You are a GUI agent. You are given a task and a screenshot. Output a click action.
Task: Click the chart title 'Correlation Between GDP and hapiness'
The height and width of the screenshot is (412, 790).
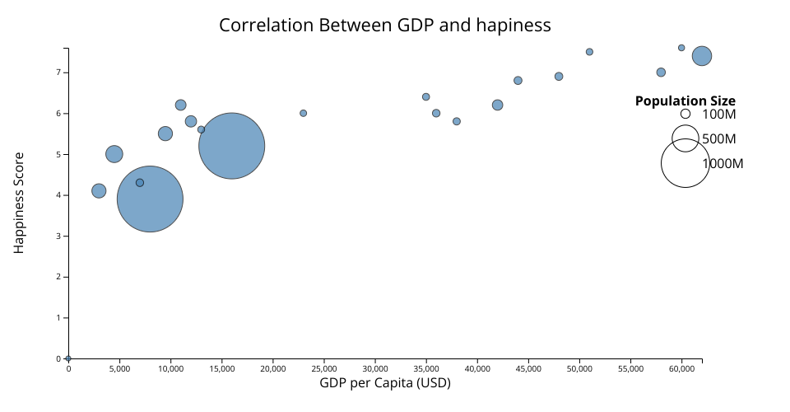384,26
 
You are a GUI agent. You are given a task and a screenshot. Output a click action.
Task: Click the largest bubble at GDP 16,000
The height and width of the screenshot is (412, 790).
231,146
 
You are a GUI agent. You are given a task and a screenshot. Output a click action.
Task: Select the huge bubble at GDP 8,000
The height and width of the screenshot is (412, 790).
150,199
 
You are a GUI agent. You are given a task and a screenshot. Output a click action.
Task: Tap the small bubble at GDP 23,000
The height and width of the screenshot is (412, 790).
303,113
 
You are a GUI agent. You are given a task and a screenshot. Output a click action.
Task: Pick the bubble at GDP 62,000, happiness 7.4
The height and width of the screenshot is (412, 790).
701,56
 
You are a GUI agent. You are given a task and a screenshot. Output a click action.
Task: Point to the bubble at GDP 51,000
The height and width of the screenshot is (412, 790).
589,52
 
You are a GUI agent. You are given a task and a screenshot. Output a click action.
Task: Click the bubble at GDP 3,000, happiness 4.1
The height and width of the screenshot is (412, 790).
99,190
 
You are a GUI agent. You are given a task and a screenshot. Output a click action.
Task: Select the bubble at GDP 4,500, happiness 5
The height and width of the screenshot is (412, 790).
114,154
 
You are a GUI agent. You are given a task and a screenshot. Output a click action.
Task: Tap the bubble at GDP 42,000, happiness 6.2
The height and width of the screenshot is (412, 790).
497,105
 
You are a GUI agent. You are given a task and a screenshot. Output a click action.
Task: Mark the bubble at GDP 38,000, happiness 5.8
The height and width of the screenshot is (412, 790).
457,121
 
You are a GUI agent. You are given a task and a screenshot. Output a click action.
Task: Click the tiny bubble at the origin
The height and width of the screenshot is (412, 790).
68,358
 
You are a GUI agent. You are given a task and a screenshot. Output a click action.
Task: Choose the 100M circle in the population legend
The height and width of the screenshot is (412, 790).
685,114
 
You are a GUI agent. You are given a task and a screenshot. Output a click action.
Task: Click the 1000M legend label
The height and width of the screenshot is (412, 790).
723,164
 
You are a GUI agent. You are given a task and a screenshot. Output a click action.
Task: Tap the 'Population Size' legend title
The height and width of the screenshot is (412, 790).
685,101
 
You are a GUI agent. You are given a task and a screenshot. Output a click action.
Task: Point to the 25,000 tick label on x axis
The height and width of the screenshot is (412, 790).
323,368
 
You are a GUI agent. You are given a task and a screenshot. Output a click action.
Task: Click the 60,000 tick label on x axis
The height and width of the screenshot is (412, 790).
681,368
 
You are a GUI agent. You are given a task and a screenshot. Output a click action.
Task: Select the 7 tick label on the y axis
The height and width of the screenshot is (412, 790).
59,73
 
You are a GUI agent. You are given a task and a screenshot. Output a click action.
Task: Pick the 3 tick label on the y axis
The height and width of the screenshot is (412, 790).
59,236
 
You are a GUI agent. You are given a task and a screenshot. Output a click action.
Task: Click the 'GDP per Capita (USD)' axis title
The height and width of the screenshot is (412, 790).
385,383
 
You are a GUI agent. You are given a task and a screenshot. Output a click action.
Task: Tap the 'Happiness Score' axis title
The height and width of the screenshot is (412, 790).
19,202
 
